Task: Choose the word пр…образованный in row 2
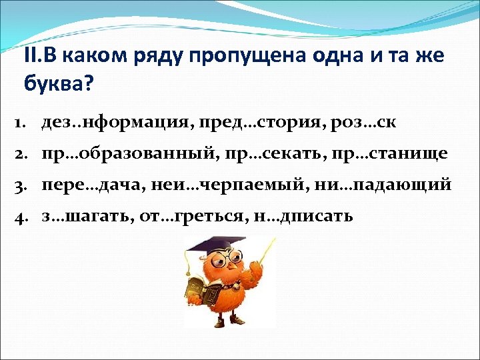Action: point(123,154)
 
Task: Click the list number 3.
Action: point(20,185)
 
